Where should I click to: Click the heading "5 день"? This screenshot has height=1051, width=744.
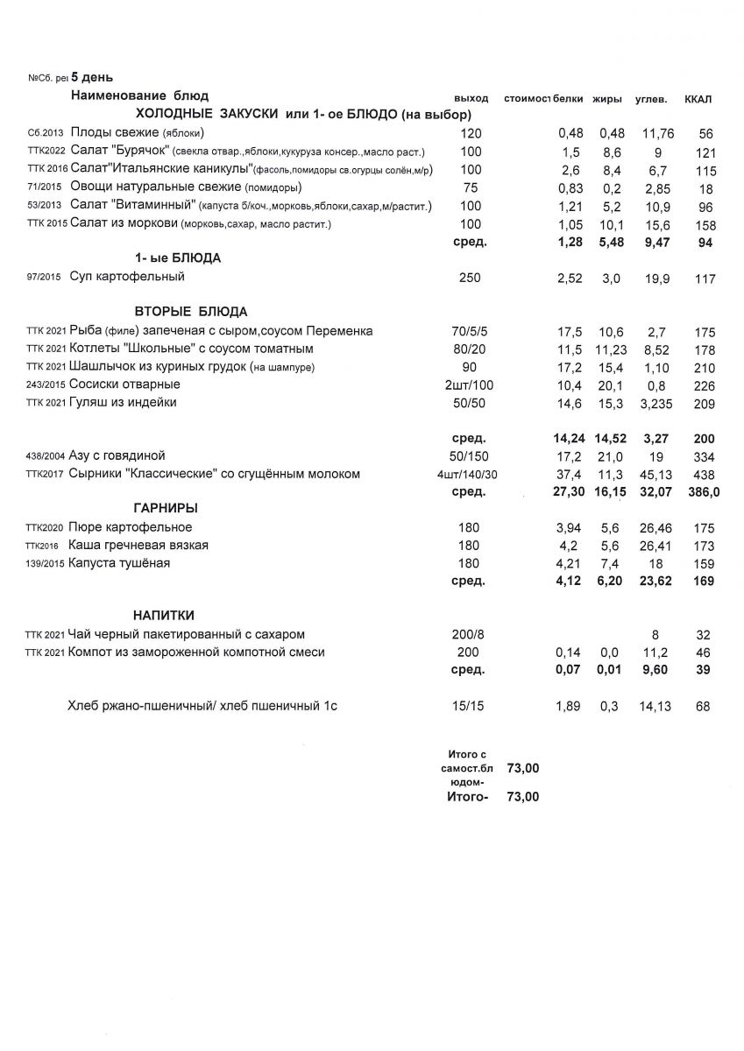click(x=86, y=78)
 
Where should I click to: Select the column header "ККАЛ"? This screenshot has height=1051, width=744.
click(x=698, y=98)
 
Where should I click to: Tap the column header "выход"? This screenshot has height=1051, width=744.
click(x=471, y=97)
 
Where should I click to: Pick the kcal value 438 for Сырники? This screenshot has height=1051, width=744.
click(x=703, y=474)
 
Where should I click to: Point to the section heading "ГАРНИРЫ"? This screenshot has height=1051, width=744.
click(x=165, y=508)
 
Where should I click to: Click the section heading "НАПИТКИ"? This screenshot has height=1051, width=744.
click(x=164, y=615)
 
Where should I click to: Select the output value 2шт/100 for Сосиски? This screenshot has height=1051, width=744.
click(x=469, y=384)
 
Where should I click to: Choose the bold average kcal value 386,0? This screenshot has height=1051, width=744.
click(x=703, y=492)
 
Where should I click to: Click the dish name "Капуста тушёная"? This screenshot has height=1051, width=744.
click(x=120, y=563)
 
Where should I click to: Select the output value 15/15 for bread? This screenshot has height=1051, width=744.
click(x=469, y=706)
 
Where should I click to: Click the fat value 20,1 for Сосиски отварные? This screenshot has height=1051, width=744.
click(x=611, y=385)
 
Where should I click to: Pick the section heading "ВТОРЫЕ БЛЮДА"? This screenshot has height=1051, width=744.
click(x=191, y=312)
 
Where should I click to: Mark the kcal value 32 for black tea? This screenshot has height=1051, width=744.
click(x=702, y=635)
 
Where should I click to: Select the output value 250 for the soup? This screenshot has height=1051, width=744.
click(x=469, y=278)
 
